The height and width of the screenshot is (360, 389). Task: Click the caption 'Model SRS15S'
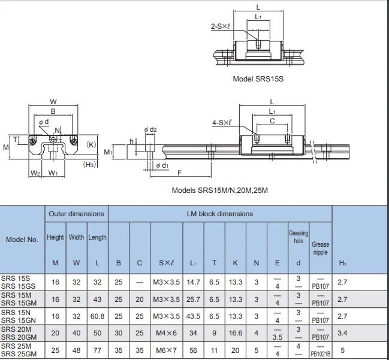point(258,78)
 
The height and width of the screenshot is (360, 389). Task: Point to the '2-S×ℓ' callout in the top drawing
point(221,26)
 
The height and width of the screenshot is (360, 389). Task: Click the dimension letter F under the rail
point(179,174)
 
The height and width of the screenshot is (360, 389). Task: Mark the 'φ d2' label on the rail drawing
point(150,129)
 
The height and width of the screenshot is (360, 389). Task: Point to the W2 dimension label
point(35,174)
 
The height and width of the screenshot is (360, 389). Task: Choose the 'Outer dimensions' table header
point(76,214)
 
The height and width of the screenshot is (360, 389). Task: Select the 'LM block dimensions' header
point(219,214)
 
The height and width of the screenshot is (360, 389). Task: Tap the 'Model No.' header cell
point(22,240)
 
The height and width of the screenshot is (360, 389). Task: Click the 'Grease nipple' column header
point(320,248)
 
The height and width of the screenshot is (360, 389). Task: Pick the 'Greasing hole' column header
point(298,237)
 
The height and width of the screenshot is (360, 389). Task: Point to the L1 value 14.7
point(193,282)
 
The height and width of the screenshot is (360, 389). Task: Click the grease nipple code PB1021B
point(320,354)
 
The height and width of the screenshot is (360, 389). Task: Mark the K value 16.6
point(236,332)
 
